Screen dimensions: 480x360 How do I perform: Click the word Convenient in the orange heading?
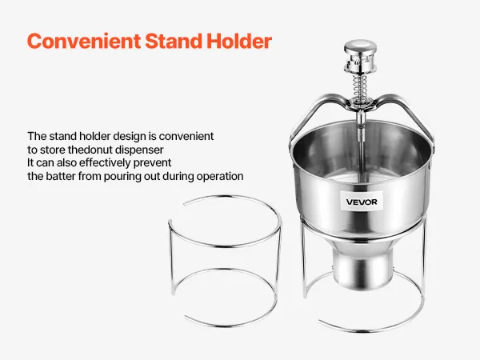84,41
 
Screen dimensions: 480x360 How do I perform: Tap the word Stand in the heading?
174,41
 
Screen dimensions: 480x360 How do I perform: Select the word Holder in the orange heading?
239,41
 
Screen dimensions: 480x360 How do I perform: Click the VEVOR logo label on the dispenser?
362,202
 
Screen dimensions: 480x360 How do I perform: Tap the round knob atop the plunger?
360,47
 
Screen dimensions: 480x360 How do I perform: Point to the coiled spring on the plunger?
361,86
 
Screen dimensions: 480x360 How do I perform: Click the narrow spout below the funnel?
362,266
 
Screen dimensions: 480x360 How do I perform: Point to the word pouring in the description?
122,177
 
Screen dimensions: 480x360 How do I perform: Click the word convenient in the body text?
186,136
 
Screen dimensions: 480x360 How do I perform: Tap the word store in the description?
53,150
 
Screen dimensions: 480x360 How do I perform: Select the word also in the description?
66,162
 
